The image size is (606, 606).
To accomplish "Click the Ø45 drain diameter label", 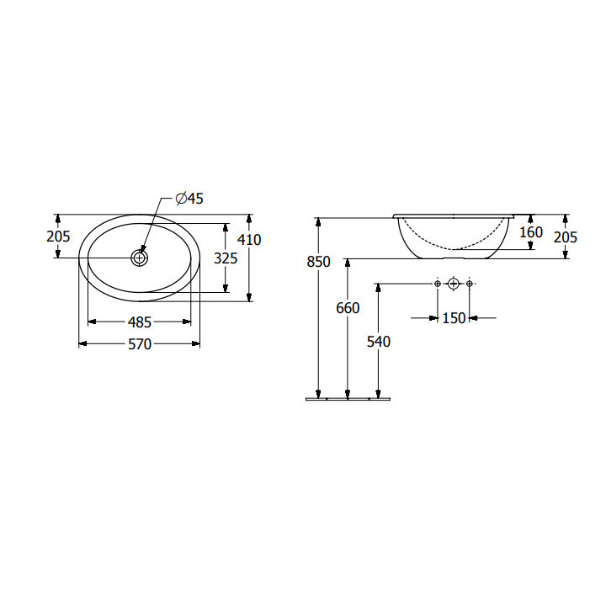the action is coord(189,199).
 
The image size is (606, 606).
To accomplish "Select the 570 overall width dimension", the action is coord(140,344).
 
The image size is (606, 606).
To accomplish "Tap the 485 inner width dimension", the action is coord(140,322).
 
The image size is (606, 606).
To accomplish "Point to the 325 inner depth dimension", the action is coord(226,258).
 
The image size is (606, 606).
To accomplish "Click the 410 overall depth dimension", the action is coord(249,240).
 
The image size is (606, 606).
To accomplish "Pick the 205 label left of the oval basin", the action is coord(58,237).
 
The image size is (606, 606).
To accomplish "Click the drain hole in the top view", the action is coord(140,258).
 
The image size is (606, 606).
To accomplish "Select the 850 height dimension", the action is coord(318,262).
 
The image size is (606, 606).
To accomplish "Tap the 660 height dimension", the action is coord(348,308).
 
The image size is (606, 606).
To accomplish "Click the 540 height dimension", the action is coord(379,342).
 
